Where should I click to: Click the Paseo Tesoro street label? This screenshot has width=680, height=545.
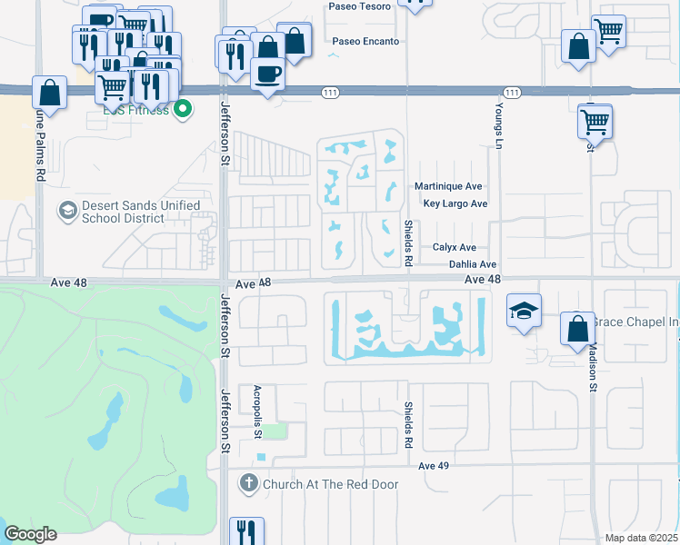pyautogui.click(x=362, y=6)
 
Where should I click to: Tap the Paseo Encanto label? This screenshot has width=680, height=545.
pyautogui.click(x=365, y=42)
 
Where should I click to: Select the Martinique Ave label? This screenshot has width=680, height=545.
pyautogui.click(x=447, y=186)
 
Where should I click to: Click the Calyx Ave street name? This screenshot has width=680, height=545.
pyautogui.click(x=454, y=247)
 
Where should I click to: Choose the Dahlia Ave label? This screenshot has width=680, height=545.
pyautogui.click(x=473, y=264)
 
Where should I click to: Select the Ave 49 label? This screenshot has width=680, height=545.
pyautogui.click(x=435, y=466)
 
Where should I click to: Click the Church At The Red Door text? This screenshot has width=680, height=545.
pyautogui.click(x=330, y=484)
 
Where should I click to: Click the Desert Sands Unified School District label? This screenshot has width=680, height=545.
pyautogui.click(x=141, y=212)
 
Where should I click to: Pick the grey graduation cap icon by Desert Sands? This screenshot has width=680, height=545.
pyautogui.click(x=66, y=212)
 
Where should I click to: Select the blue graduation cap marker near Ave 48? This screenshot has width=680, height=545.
pyautogui.click(x=525, y=311)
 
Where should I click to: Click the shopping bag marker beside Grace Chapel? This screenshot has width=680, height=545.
pyautogui.click(x=577, y=328)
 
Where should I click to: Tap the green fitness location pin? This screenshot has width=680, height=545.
pyautogui.click(x=183, y=110)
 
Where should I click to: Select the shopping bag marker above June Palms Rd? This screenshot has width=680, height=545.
pyautogui.click(x=49, y=92)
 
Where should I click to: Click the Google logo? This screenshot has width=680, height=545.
pyautogui.click(x=29, y=534)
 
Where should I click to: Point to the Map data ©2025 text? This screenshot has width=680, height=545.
pyautogui.click(x=642, y=538)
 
